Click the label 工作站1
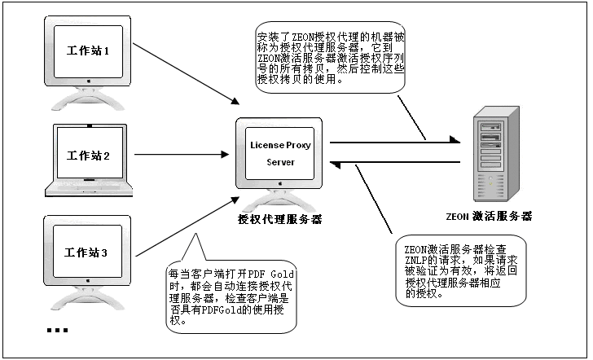click(88, 50)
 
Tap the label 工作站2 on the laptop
click(88, 156)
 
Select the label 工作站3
click(86, 252)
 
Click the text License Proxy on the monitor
click(280, 145)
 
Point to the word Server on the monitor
click(280, 162)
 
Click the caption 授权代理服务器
click(280, 219)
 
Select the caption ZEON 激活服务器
click(489, 217)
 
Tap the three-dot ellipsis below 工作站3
click(58, 330)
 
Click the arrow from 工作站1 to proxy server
click(186, 73)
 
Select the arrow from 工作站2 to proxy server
click(182, 154)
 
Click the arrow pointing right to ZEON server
click(395, 143)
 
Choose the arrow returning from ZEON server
click(395, 163)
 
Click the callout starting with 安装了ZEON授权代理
click(330, 58)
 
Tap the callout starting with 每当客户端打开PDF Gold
click(231, 296)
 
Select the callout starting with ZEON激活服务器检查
click(461, 270)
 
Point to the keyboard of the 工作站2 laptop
click(89, 188)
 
